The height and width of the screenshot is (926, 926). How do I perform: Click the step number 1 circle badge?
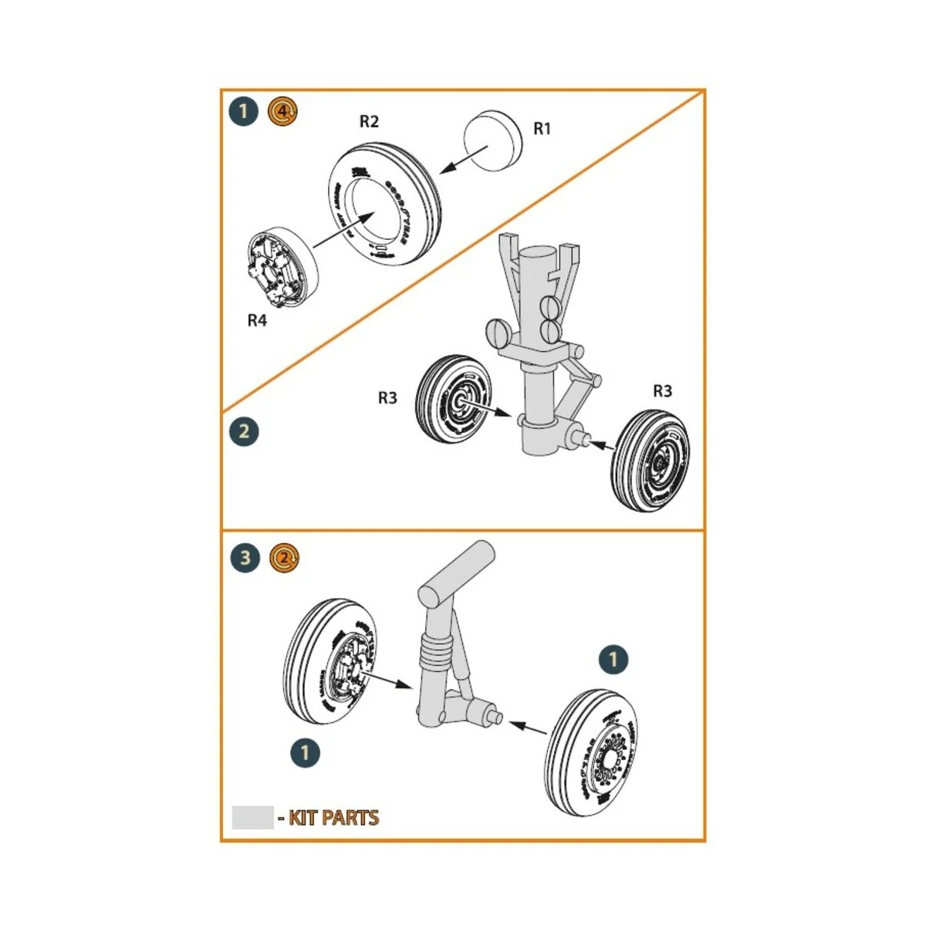[x=244, y=112]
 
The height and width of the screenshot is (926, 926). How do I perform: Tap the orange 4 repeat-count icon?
[x=282, y=112]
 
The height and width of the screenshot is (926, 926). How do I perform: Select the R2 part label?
[x=370, y=122]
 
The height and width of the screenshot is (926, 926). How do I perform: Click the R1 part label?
[x=542, y=129]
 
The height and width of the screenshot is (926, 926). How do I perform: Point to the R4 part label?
[x=257, y=320]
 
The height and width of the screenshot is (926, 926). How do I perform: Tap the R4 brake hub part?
[x=282, y=266]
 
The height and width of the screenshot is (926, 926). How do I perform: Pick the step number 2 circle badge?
[x=244, y=431]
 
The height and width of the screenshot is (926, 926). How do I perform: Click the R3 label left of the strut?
[x=387, y=398]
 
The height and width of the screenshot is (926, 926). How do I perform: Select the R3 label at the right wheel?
[x=662, y=391]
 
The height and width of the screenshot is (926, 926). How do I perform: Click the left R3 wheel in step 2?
[x=449, y=398]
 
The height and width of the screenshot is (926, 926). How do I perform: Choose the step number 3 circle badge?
[x=245, y=557]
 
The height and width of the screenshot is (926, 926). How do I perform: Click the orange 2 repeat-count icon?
[x=285, y=557]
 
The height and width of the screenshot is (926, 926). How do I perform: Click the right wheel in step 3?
[x=597, y=753]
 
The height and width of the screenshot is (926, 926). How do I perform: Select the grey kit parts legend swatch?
[x=252, y=817]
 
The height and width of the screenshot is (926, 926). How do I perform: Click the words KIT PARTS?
[x=333, y=818]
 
